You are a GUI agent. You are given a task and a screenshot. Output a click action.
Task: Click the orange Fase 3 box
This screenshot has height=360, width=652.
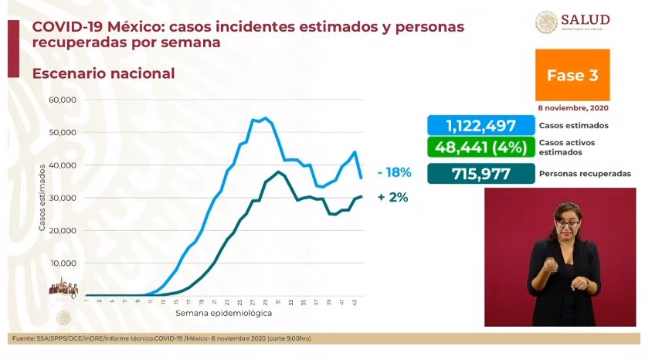[x=572, y=75]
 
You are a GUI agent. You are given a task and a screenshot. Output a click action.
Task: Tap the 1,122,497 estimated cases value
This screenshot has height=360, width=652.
[x=481, y=126]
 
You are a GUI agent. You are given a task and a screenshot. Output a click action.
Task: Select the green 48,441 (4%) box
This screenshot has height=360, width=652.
[x=481, y=148]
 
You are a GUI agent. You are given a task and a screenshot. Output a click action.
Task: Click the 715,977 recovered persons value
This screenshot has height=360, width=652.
[x=481, y=174]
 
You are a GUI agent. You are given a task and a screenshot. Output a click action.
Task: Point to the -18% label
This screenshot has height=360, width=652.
[x=393, y=174]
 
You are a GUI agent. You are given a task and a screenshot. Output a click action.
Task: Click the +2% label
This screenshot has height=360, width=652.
[x=393, y=198]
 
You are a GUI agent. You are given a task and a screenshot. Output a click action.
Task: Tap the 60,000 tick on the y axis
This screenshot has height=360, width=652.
[x=61, y=100]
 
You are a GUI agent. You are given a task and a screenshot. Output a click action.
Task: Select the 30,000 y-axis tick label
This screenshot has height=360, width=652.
[x=61, y=199]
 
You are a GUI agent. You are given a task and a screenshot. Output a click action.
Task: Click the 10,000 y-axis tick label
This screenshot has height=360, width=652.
[x=61, y=263]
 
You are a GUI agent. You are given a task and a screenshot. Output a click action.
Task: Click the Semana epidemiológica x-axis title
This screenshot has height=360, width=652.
[x=223, y=314]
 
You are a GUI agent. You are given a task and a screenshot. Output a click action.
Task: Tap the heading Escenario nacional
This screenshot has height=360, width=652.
[x=104, y=73]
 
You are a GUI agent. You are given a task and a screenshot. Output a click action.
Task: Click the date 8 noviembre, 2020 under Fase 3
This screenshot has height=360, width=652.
[x=572, y=108]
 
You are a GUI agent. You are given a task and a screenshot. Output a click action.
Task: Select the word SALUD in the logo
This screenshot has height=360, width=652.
[x=586, y=19]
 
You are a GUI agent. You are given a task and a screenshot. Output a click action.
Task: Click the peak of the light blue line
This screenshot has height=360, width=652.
[x=265, y=118]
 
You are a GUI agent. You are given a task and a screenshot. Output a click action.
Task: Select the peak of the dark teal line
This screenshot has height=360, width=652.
[x=278, y=172]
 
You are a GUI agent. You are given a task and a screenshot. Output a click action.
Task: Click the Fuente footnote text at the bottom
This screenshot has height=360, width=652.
[x=162, y=338]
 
